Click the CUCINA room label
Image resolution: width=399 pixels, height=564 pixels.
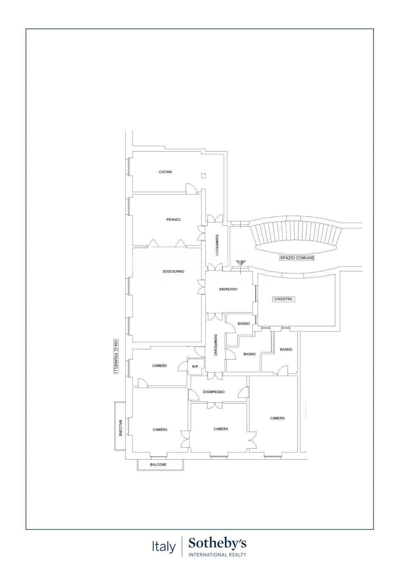(x=165, y=172)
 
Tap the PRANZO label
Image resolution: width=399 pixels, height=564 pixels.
(x=173, y=220)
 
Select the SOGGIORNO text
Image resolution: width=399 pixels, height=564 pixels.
(x=173, y=272)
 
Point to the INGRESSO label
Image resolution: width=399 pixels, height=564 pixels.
(x=228, y=289)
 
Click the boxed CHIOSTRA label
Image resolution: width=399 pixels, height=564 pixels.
(x=283, y=299)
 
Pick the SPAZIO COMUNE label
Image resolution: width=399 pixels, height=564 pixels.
(x=297, y=258)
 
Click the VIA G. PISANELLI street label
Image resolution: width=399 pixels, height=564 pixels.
(x=116, y=356)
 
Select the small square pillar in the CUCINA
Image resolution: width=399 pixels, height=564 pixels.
(x=204, y=175)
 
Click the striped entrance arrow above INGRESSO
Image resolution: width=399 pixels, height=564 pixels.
(x=240, y=263)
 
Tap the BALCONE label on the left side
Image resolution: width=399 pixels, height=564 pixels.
(x=120, y=428)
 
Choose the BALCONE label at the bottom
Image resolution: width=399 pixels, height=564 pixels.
(x=158, y=465)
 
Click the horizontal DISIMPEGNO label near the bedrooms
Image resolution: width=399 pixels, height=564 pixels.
(x=213, y=392)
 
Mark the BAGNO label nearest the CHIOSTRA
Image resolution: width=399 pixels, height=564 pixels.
(x=244, y=324)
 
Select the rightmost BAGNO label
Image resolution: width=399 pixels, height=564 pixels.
(x=286, y=349)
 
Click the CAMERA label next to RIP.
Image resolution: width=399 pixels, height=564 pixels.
(x=159, y=366)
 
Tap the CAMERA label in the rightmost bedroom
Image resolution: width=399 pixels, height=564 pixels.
(x=277, y=418)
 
